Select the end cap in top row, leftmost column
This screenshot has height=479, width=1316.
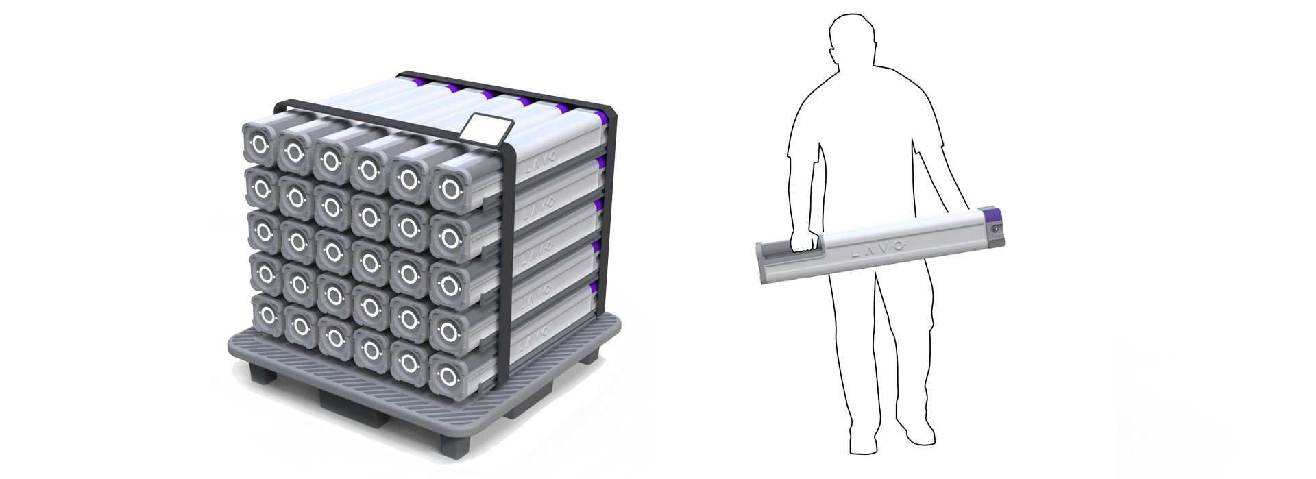click(x=259, y=144)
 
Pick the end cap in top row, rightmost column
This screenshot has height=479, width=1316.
click(x=449, y=190)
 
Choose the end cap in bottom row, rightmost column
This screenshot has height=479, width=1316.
click(x=449, y=376)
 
